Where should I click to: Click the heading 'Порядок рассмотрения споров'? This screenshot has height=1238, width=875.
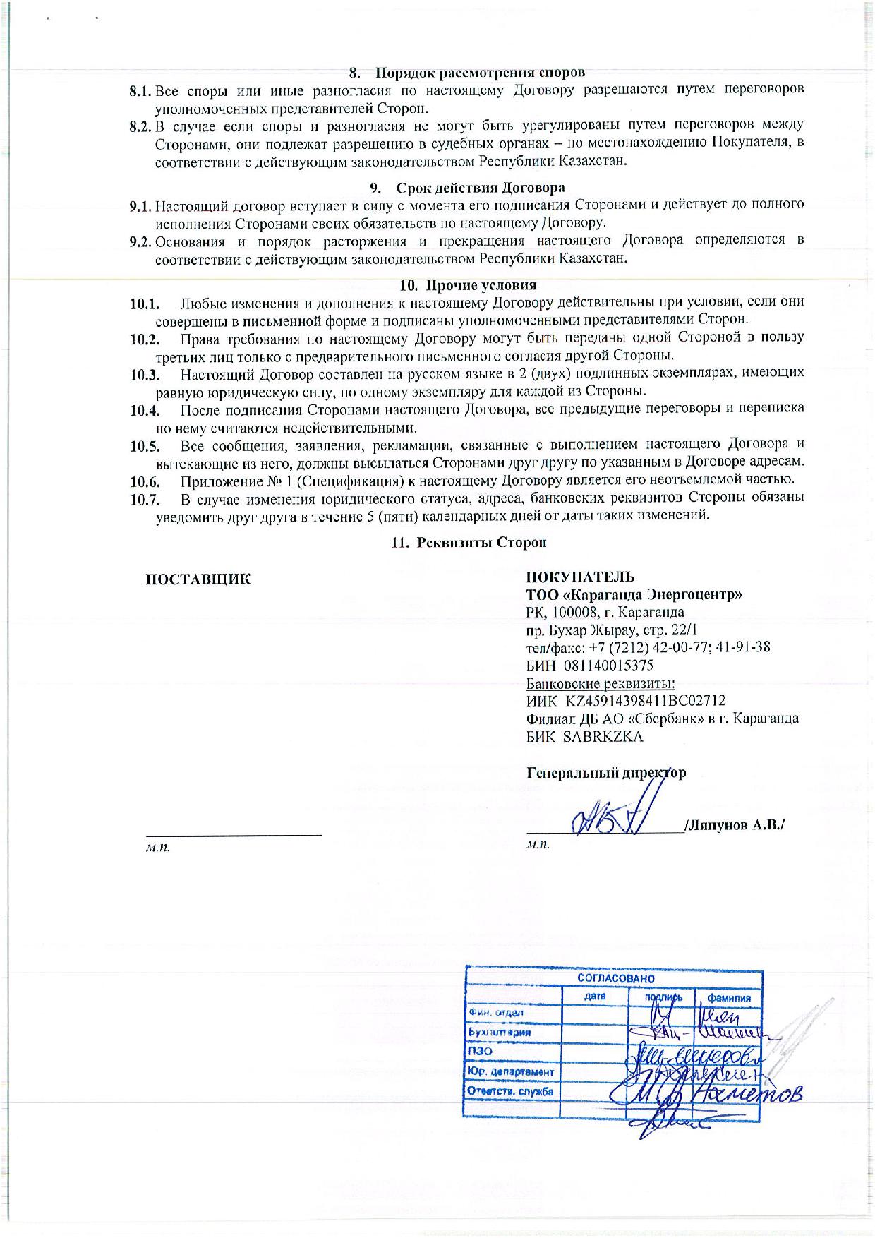coord(480,73)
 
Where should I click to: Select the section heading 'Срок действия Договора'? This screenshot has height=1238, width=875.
coord(481,188)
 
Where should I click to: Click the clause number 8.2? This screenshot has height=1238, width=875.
coord(141,126)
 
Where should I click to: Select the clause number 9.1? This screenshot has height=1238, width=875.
coord(141,207)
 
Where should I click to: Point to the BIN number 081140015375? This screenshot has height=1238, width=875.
coord(608,666)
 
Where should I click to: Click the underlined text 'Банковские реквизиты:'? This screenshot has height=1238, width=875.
coord(601,683)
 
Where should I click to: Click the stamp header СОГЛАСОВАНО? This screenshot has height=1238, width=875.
coord(616,979)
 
